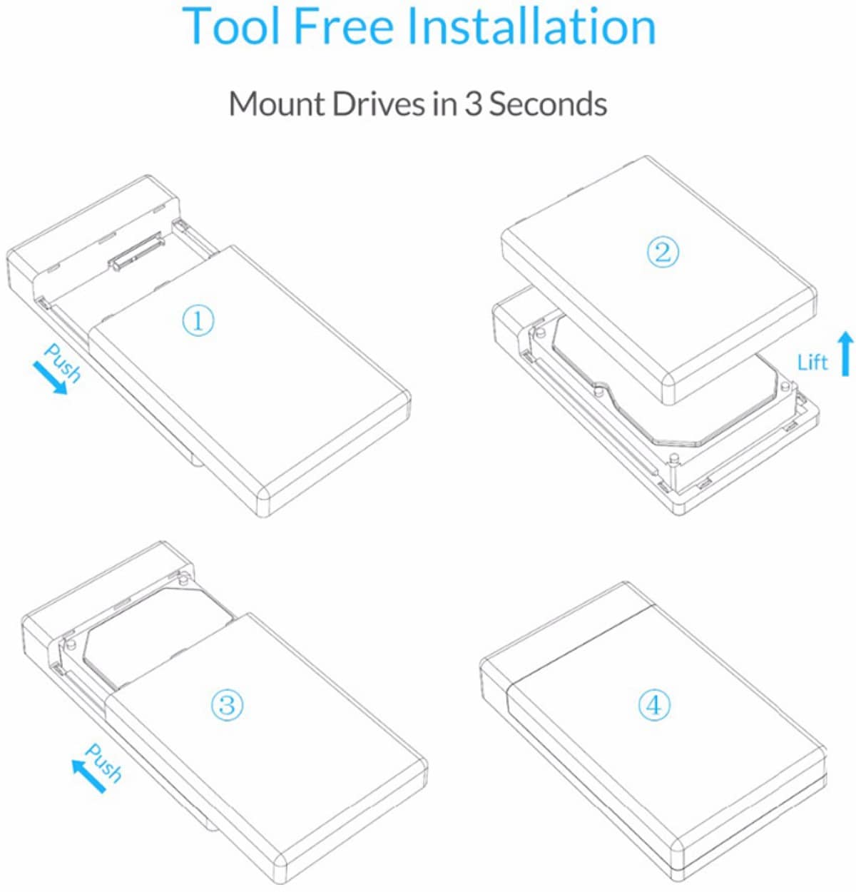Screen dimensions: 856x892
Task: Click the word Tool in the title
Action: click(x=230, y=26)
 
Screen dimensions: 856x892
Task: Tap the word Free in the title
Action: click(x=343, y=26)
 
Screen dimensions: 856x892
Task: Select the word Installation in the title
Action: click(x=531, y=26)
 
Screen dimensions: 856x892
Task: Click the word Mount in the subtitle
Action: click(x=276, y=103)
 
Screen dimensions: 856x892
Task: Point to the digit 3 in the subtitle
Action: click(x=474, y=103)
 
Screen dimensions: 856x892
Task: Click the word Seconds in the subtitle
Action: click(x=548, y=103)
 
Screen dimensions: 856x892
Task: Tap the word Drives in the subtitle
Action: click(x=378, y=103)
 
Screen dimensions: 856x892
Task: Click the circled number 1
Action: click(x=198, y=320)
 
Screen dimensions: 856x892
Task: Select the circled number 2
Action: click(x=663, y=252)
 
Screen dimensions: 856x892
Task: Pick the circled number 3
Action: click(x=227, y=704)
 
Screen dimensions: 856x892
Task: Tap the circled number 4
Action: click(x=654, y=705)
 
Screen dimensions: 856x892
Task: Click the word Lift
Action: click(x=812, y=363)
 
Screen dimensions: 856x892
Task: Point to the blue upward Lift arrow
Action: click(x=845, y=355)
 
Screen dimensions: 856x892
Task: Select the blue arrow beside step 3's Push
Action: click(x=88, y=776)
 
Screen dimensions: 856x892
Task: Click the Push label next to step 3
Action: click(x=104, y=762)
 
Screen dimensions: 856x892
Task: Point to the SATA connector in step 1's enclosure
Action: click(x=136, y=250)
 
